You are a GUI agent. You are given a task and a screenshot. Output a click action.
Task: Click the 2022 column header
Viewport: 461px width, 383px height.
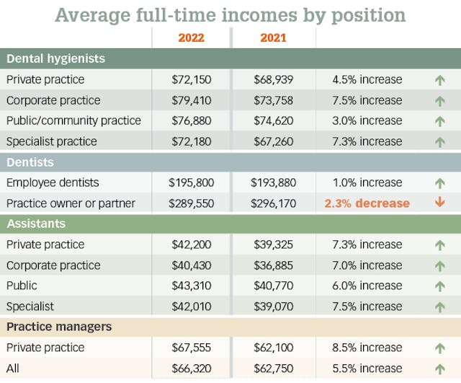[191, 37]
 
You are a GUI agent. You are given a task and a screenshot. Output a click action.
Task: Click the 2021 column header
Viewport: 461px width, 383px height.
[274, 37]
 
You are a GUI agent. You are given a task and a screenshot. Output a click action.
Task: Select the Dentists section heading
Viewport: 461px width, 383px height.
[30, 162]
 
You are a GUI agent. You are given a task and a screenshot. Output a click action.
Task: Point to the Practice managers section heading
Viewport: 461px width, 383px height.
[59, 327]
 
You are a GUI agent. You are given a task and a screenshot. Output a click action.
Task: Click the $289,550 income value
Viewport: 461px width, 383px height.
[191, 203]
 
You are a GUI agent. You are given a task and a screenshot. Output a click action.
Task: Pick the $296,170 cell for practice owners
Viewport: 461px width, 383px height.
[274, 203]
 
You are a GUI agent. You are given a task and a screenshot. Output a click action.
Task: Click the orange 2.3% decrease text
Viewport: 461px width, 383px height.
[367, 203]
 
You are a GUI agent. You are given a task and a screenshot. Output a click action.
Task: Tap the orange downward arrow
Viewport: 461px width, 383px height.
[439, 203]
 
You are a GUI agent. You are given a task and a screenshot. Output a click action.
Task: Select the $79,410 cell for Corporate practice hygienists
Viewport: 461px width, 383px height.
[191, 100]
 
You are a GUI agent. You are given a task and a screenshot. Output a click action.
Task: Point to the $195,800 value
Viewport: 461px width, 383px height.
[191, 182]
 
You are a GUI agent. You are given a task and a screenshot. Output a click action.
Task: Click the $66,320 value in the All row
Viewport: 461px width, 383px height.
[191, 369]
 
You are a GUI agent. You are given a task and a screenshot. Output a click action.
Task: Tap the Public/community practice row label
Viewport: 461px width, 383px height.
[73, 120]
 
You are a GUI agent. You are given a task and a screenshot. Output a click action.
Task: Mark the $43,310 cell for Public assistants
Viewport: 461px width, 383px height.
[191, 286]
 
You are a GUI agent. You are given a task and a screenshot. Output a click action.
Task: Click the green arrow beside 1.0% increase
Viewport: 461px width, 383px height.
[439, 183]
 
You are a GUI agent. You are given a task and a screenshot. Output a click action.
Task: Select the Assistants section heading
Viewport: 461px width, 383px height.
[36, 224]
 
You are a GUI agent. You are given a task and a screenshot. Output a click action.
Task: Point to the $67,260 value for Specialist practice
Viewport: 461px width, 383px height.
[274, 141]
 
